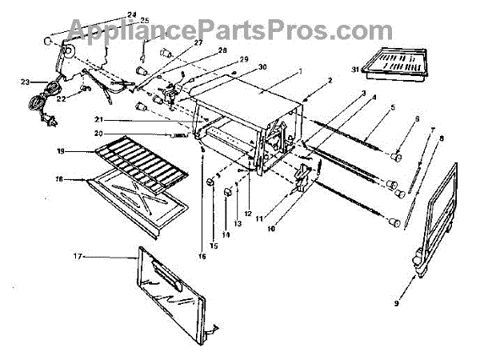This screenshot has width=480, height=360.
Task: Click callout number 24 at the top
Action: pos(132,14)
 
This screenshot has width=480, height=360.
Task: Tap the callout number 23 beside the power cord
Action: pos(26,82)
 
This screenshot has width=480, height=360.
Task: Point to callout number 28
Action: pos(200,51)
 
